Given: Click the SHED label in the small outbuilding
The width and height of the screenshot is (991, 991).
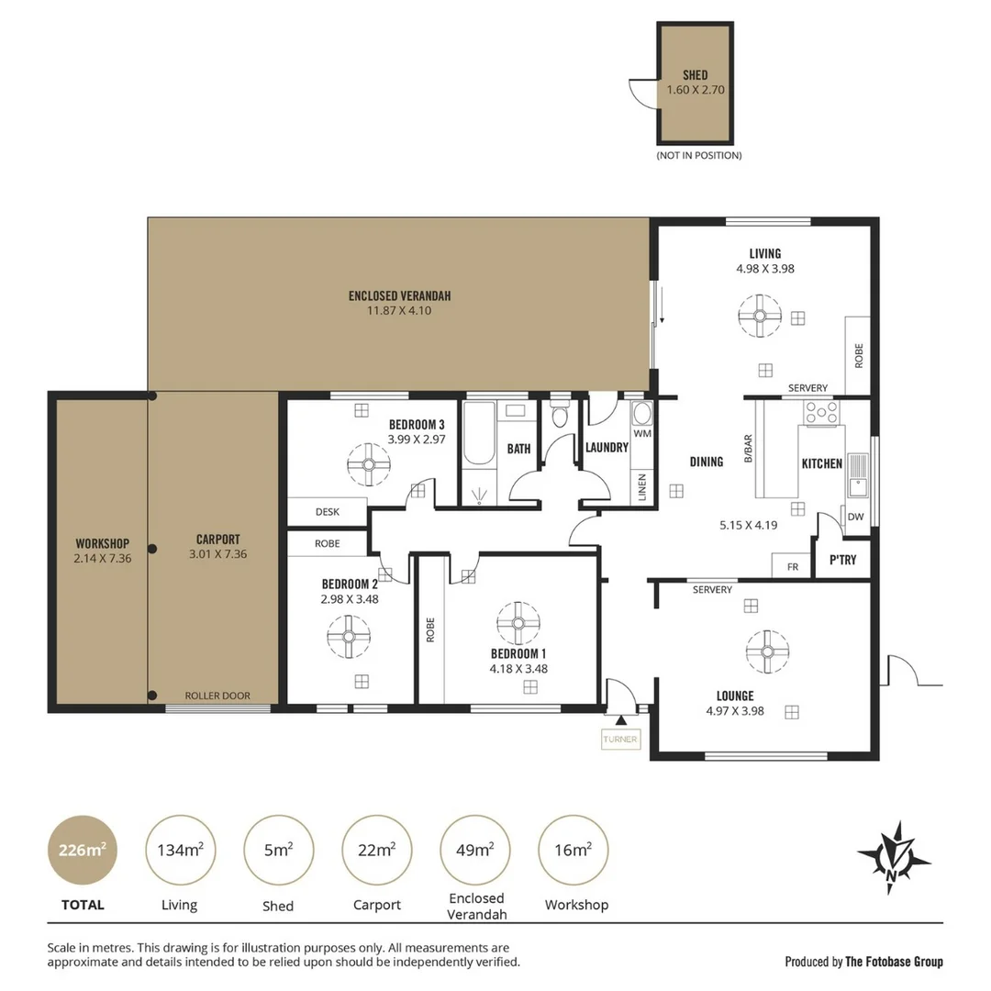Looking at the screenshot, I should coord(695,75).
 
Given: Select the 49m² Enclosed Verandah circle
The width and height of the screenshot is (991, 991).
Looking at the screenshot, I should coord(476,850).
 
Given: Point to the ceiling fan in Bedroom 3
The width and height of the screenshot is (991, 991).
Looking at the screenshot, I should coord(368,465).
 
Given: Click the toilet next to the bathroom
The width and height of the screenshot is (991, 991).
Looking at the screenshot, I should coord(560,418).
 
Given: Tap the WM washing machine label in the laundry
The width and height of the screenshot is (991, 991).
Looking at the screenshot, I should coord(642,432).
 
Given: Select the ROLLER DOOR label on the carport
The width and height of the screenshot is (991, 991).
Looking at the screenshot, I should coord(217,696).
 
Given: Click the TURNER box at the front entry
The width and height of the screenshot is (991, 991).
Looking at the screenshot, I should coord(620,740).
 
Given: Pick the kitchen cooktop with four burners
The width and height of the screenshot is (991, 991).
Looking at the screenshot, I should coord(820,412).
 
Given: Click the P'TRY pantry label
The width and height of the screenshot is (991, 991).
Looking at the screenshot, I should coord(842,559).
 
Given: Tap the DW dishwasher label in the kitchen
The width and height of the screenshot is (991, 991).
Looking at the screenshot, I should coord(855,517).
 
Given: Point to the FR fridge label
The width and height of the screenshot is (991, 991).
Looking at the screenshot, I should coord(793,567).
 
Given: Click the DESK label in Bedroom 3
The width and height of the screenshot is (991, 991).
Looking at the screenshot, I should coord(328,512).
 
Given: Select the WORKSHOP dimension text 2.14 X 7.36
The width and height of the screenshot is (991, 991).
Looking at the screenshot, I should coord(102,557).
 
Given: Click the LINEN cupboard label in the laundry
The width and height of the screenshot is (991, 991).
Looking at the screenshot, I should coord(641,486).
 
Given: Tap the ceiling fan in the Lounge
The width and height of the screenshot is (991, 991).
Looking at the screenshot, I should coord(767,651).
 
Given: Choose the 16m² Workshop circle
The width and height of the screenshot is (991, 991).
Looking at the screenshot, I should coord(573,850).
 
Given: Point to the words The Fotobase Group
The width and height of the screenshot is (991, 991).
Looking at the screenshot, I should coord(893,962).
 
